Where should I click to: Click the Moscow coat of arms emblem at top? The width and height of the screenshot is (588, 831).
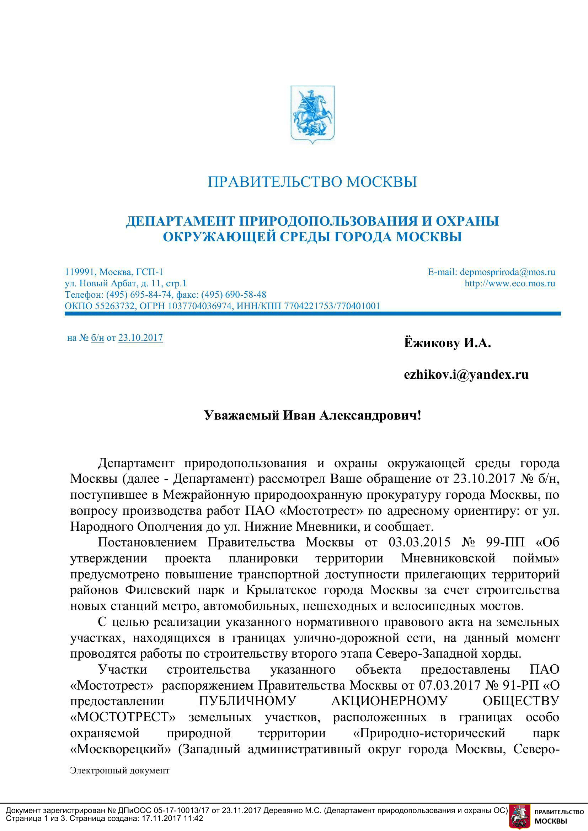click(x=312, y=114)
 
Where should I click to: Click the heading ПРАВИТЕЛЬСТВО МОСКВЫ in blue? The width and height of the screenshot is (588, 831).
click(x=312, y=182)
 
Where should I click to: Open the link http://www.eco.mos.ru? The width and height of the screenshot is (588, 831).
click(x=510, y=284)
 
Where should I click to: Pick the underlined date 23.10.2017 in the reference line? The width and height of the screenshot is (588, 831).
click(x=140, y=338)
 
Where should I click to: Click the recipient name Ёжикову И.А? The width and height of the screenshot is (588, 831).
click(x=447, y=343)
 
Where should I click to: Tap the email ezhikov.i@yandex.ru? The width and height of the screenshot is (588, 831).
click(x=466, y=374)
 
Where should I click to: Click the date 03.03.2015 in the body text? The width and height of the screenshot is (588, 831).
click(x=419, y=542)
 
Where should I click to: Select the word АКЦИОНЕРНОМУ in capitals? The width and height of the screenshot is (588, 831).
click(x=389, y=701)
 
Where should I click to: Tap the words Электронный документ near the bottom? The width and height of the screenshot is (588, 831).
click(x=119, y=770)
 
